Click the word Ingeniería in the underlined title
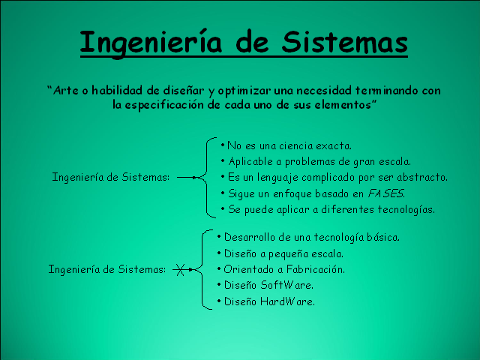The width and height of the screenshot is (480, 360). pyautogui.click(x=150, y=42)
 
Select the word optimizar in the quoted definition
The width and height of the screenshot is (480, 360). pyautogui.click(x=244, y=91)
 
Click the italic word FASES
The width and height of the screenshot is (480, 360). pyautogui.click(x=385, y=193)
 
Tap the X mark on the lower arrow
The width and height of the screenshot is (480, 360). pyautogui.click(x=180, y=270)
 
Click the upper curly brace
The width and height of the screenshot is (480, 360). pyautogui.click(x=207, y=178)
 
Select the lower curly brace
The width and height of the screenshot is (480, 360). pyautogui.click(x=203, y=269)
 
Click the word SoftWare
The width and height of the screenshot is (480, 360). pyautogui.click(x=286, y=285)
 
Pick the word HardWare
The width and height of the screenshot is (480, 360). pyautogui.click(x=287, y=301)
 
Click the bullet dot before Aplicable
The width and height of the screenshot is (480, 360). pyautogui.click(x=223, y=160)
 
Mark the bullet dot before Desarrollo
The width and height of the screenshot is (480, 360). pyautogui.click(x=219, y=236)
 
